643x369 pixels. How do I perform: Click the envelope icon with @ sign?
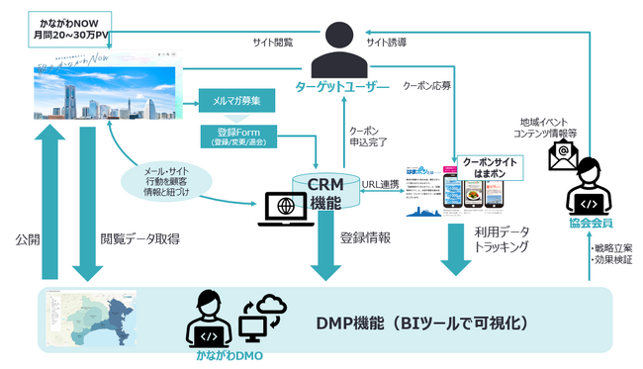click(x=564, y=153)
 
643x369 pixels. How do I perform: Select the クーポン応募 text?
click(x=428, y=86)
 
